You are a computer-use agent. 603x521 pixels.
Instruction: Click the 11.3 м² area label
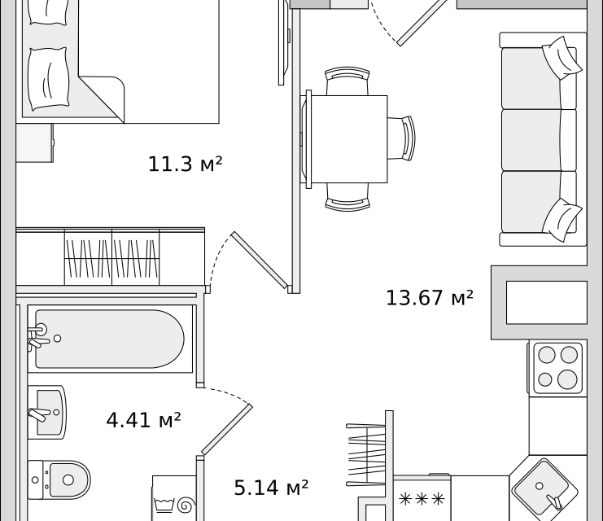(185, 164)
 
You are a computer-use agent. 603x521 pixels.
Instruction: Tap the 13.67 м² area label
(429, 298)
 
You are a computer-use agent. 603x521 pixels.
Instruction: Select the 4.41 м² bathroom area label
(143, 420)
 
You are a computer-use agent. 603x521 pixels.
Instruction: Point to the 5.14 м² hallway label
(271, 488)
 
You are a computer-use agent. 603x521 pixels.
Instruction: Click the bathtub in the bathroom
(110, 339)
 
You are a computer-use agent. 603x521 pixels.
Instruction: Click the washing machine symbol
(174, 499)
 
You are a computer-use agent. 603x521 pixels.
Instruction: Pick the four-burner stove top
(557, 366)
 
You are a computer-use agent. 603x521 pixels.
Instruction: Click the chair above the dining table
(347, 82)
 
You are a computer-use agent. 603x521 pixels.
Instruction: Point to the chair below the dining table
(347, 195)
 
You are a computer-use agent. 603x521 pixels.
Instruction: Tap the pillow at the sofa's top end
(563, 57)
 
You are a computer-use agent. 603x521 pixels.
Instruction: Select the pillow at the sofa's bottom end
(562, 218)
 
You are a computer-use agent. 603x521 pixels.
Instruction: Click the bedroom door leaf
(260, 260)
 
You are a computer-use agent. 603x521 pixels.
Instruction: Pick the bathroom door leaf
(227, 428)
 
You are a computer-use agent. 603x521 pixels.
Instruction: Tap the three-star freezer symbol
(421, 498)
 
